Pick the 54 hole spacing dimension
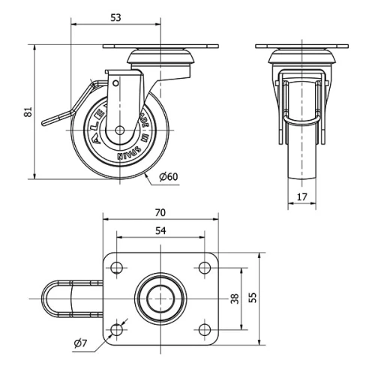pyautogui.click(x=160, y=231)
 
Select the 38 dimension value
pyautogui.click(x=235, y=298)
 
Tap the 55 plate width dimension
pyautogui.click(x=253, y=298)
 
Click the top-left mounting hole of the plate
pyautogui.click(x=117, y=266)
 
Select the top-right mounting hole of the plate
pyautogui.click(x=204, y=266)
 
